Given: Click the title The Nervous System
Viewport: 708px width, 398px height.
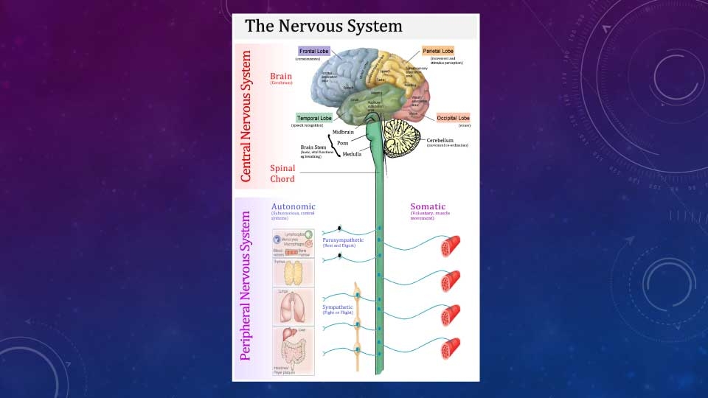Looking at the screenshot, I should point(324,27).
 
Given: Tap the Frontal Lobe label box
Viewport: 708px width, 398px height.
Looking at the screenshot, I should point(313,51).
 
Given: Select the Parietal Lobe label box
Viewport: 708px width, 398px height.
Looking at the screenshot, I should point(438,51).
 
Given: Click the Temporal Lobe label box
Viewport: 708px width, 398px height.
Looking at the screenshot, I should point(314,118).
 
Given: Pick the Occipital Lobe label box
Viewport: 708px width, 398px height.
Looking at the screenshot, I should point(453,118).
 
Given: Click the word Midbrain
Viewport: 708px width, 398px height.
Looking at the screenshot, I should point(344,132).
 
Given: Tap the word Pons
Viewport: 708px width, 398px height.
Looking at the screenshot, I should point(343,143).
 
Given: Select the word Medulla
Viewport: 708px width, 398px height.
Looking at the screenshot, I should point(352,154).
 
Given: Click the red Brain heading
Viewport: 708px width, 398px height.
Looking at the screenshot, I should point(281,76).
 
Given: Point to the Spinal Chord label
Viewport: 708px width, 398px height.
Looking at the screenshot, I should point(282,173).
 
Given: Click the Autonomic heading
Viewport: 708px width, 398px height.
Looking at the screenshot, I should point(294,206).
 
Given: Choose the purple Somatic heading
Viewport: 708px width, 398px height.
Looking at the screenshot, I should point(428,206).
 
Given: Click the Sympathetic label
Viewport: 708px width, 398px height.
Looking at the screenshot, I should point(339,306).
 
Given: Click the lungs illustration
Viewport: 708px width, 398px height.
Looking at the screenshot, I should point(294,304).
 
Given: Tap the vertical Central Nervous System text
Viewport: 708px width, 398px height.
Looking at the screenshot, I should point(246,116).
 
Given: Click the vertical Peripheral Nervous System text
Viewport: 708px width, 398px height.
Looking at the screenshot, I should point(246,286).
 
